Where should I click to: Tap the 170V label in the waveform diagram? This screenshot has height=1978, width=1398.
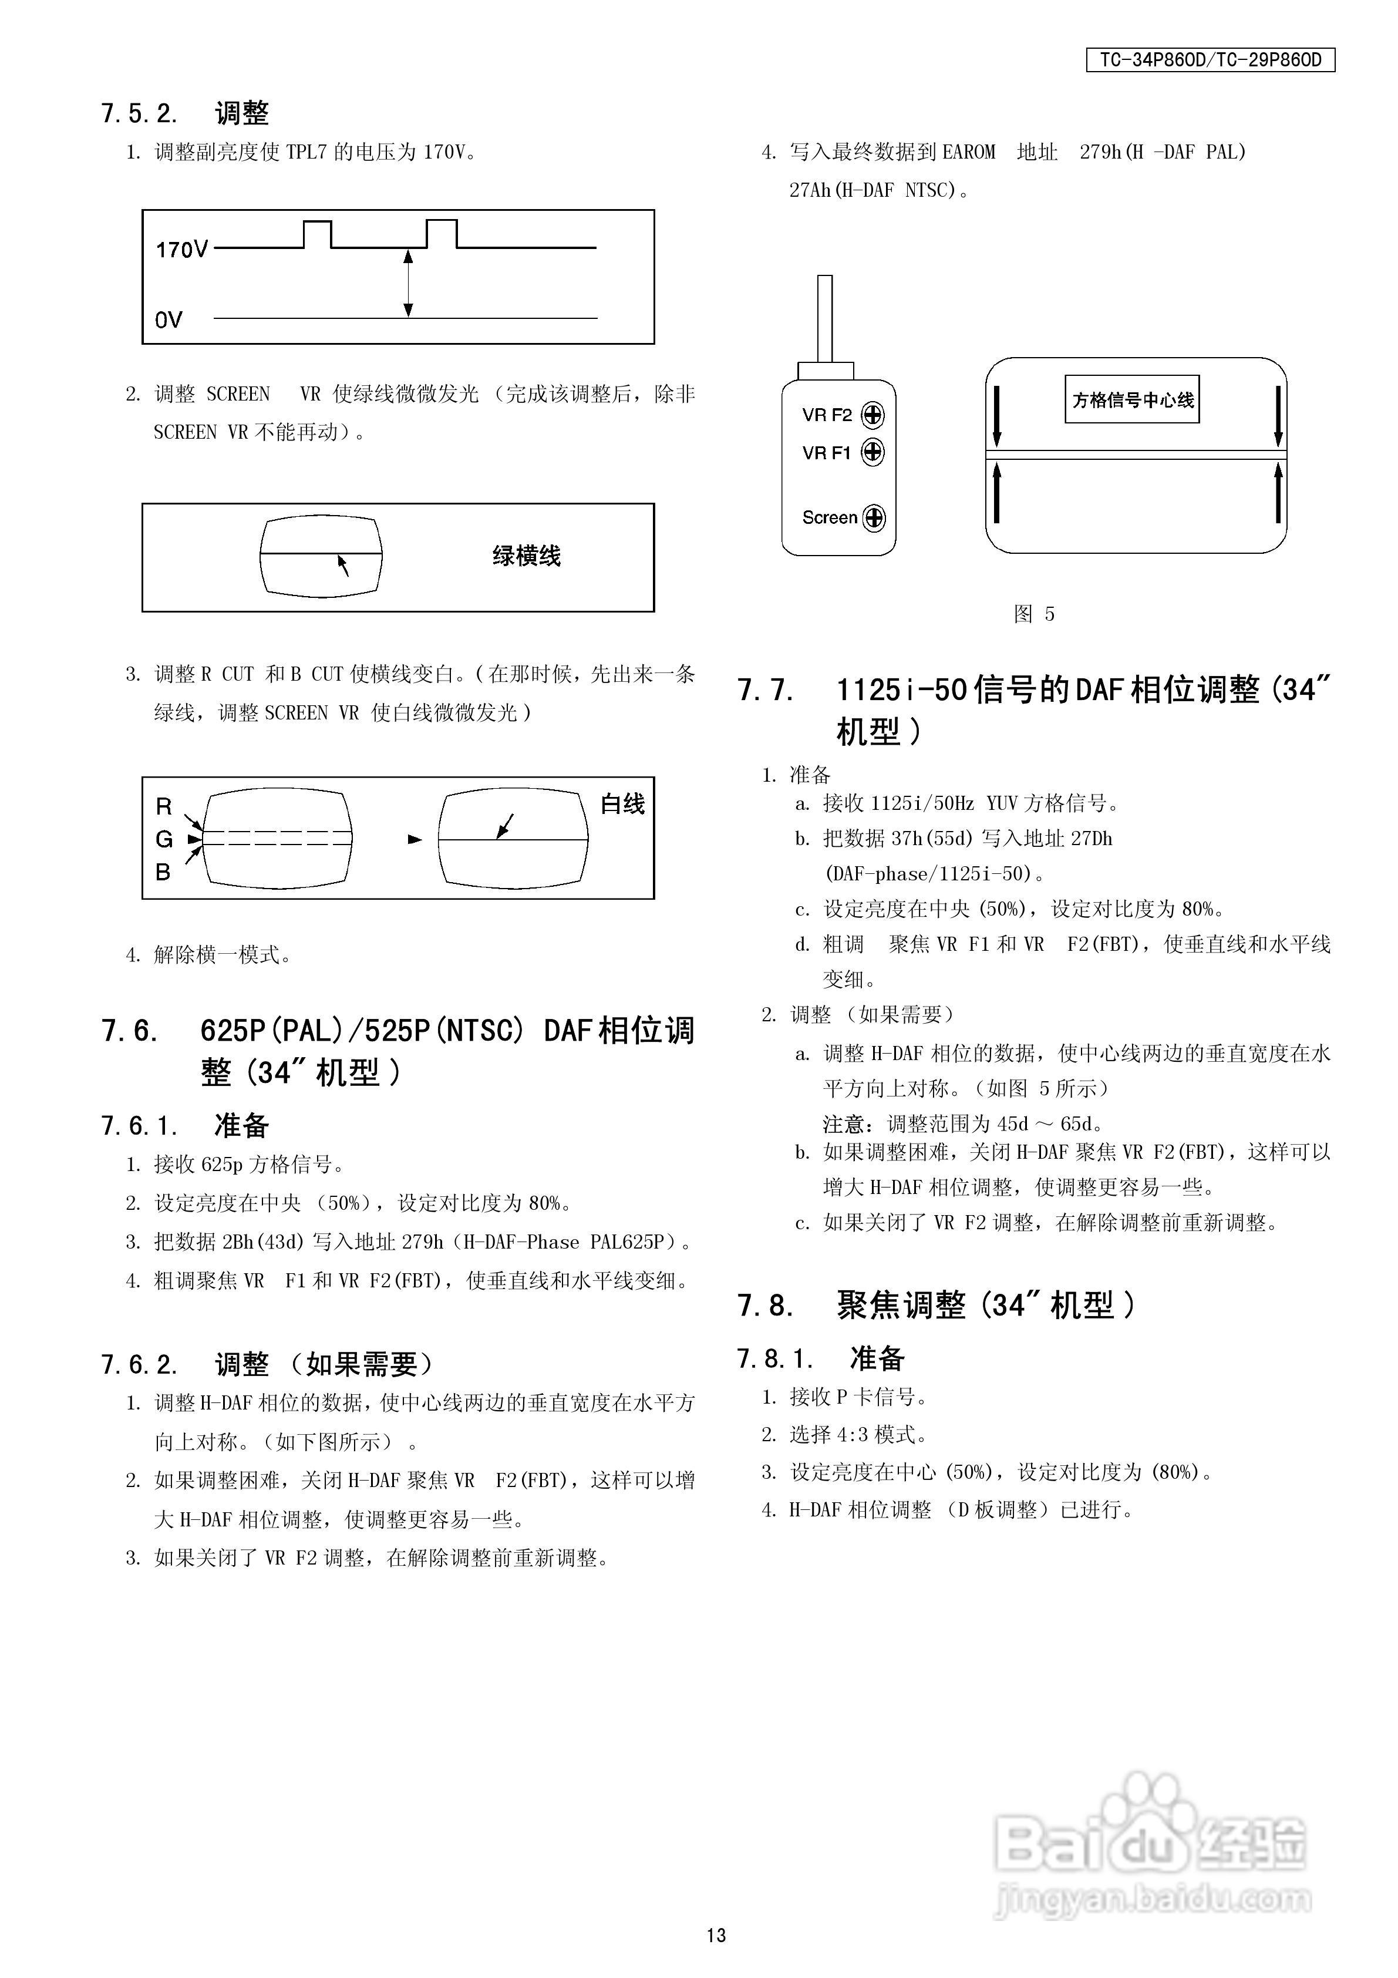click(181, 250)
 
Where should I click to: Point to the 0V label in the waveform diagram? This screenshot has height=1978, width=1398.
click(169, 321)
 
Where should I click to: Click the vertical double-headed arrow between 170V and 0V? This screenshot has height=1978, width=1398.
click(408, 284)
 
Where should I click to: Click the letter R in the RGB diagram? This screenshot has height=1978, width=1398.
click(164, 806)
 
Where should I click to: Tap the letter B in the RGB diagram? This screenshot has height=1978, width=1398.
click(163, 872)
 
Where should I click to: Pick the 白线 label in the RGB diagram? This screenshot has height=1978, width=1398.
click(622, 804)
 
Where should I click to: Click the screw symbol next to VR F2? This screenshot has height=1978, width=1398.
click(873, 415)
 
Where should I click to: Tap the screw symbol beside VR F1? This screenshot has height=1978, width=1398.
click(873, 452)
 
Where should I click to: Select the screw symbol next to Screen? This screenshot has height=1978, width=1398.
click(874, 518)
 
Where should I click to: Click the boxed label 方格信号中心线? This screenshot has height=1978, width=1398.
click(1132, 400)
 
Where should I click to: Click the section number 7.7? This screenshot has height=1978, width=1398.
click(765, 691)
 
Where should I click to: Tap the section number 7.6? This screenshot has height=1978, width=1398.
click(129, 1030)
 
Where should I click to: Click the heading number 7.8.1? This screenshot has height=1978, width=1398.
click(774, 1358)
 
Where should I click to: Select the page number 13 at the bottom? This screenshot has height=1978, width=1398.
click(716, 1935)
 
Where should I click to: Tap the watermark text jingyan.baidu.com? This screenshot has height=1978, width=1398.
click(1151, 1898)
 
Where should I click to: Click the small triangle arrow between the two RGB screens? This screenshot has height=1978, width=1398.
click(415, 839)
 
